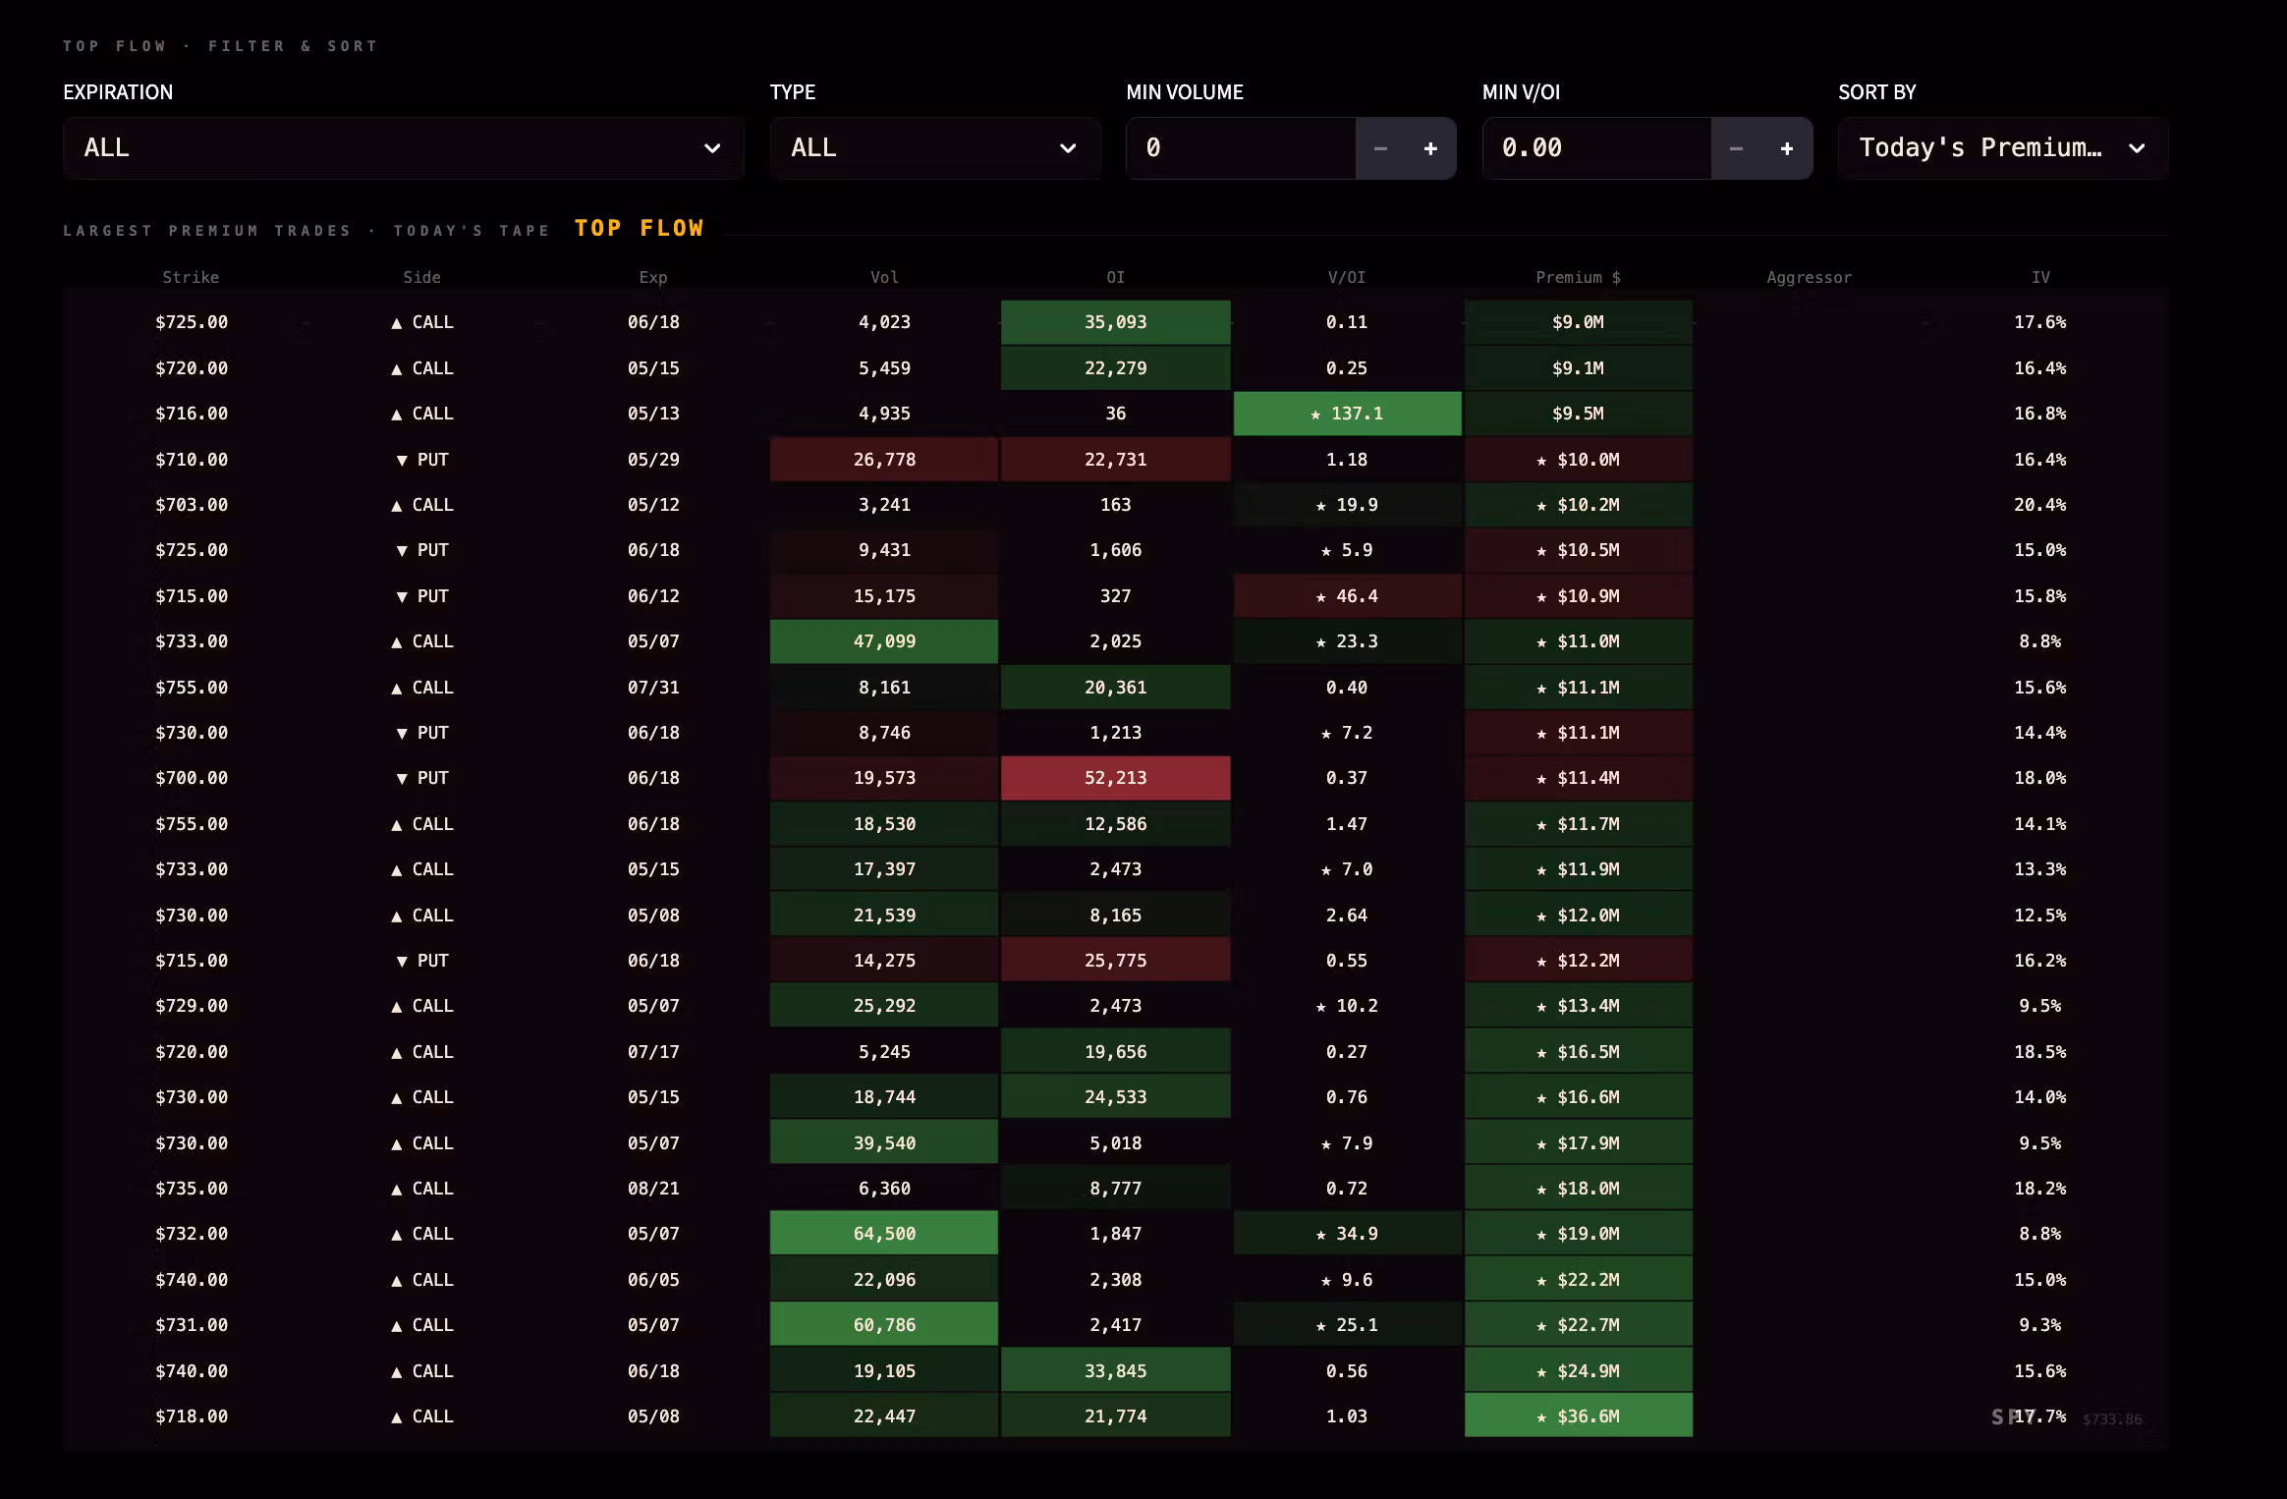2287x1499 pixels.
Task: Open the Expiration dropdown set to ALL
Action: pyautogui.click(x=403, y=148)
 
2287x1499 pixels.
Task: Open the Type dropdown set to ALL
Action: pyautogui.click(x=934, y=148)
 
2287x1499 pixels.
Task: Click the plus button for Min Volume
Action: pyautogui.click(x=1430, y=148)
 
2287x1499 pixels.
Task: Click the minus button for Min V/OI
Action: pyautogui.click(x=1736, y=148)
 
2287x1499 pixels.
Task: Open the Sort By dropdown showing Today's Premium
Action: pyautogui.click(x=2003, y=148)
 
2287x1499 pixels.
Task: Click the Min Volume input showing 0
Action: pyautogui.click(x=1241, y=148)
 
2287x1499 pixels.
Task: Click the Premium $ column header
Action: pyautogui.click(x=1578, y=277)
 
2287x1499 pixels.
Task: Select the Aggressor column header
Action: pyautogui.click(x=1809, y=277)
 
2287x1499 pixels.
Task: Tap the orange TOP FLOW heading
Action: pyautogui.click(x=640, y=228)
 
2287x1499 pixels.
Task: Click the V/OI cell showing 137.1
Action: pyautogui.click(x=1347, y=414)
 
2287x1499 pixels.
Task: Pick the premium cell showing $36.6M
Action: pyautogui.click(x=1578, y=1416)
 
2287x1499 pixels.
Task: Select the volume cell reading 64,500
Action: pyautogui.click(x=884, y=1234)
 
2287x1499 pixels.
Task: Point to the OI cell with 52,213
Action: pyautogui.click(x=1115, y=778)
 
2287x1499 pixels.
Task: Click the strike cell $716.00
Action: pyautogui.click(x=192, y=414)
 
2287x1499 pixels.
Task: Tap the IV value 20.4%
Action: pyautogui.click(x=2039, y=505)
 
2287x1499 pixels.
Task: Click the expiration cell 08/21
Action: pyautogui.click(x=653, y=1189)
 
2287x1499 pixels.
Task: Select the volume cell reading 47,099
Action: pyautogui.click(x=884, y=641)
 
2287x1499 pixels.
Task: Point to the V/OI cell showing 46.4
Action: pyautogui.click(x=1347, y=596)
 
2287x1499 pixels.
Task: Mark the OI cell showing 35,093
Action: pyautogui.click(x=1115, y=322)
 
